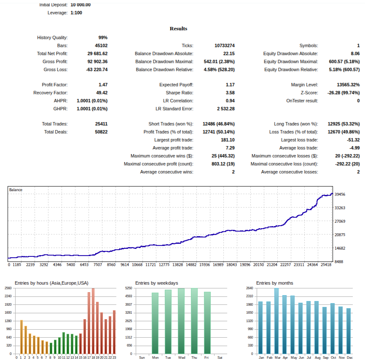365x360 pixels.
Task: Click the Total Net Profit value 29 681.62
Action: coord(97,53)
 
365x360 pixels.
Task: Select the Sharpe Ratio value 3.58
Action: coord(230,93)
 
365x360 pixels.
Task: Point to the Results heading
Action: coord(178,29)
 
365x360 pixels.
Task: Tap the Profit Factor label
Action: coord(55,85)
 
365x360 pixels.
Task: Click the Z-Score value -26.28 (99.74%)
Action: coord(344,93)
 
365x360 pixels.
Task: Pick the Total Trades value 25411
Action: coord(101,124)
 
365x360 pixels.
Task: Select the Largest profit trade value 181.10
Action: coord(228,140)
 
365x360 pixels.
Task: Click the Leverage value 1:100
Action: coord(76,13)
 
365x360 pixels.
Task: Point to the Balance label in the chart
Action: coord(16,190)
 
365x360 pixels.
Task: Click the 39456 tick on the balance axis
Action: coord(340,195)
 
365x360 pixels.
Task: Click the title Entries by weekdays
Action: coord(156,283)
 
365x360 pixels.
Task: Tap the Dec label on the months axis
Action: coord(349,357)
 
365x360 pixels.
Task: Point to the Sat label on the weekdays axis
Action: coord(220,357)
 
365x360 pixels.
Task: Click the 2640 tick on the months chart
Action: coord(249,288)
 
